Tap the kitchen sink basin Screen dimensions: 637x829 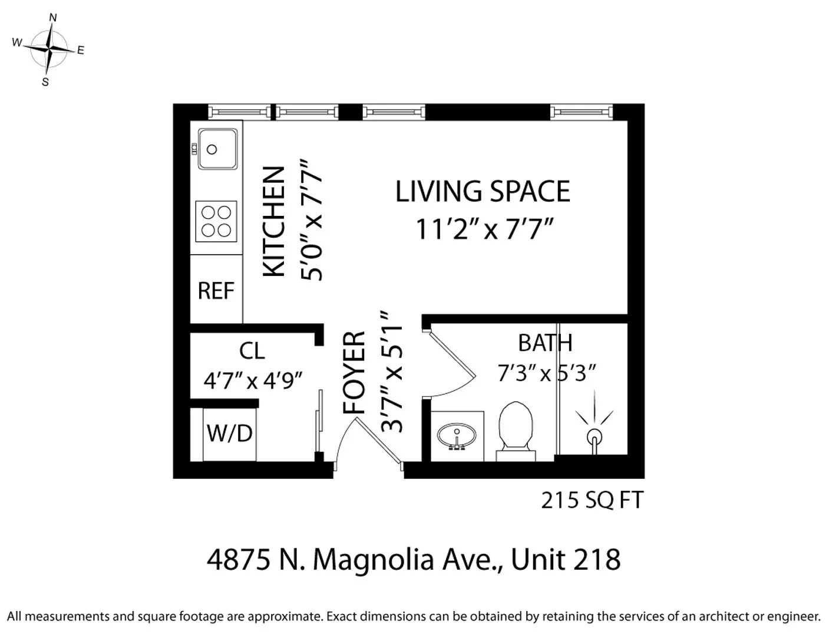click(217, 149)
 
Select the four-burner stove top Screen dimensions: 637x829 click(216, 221)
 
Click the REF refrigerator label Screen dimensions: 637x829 click(216, 291)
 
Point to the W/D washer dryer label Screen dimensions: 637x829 click(229, 434)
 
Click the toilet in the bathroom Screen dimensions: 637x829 click(516, 429)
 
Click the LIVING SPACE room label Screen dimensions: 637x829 click(483, 192)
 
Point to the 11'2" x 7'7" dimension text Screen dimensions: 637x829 click(485, 229)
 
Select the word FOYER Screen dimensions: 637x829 click(355, 373)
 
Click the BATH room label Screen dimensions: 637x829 click(545, 343)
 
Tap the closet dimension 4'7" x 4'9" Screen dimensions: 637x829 click(253, 380)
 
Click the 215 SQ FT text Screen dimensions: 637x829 click(592, 500)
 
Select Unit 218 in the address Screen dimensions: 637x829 click(566, 559)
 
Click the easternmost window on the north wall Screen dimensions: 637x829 click(581, 111)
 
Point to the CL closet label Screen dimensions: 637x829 click(252, 352)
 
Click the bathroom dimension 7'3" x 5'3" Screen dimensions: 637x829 click(547, 373)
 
